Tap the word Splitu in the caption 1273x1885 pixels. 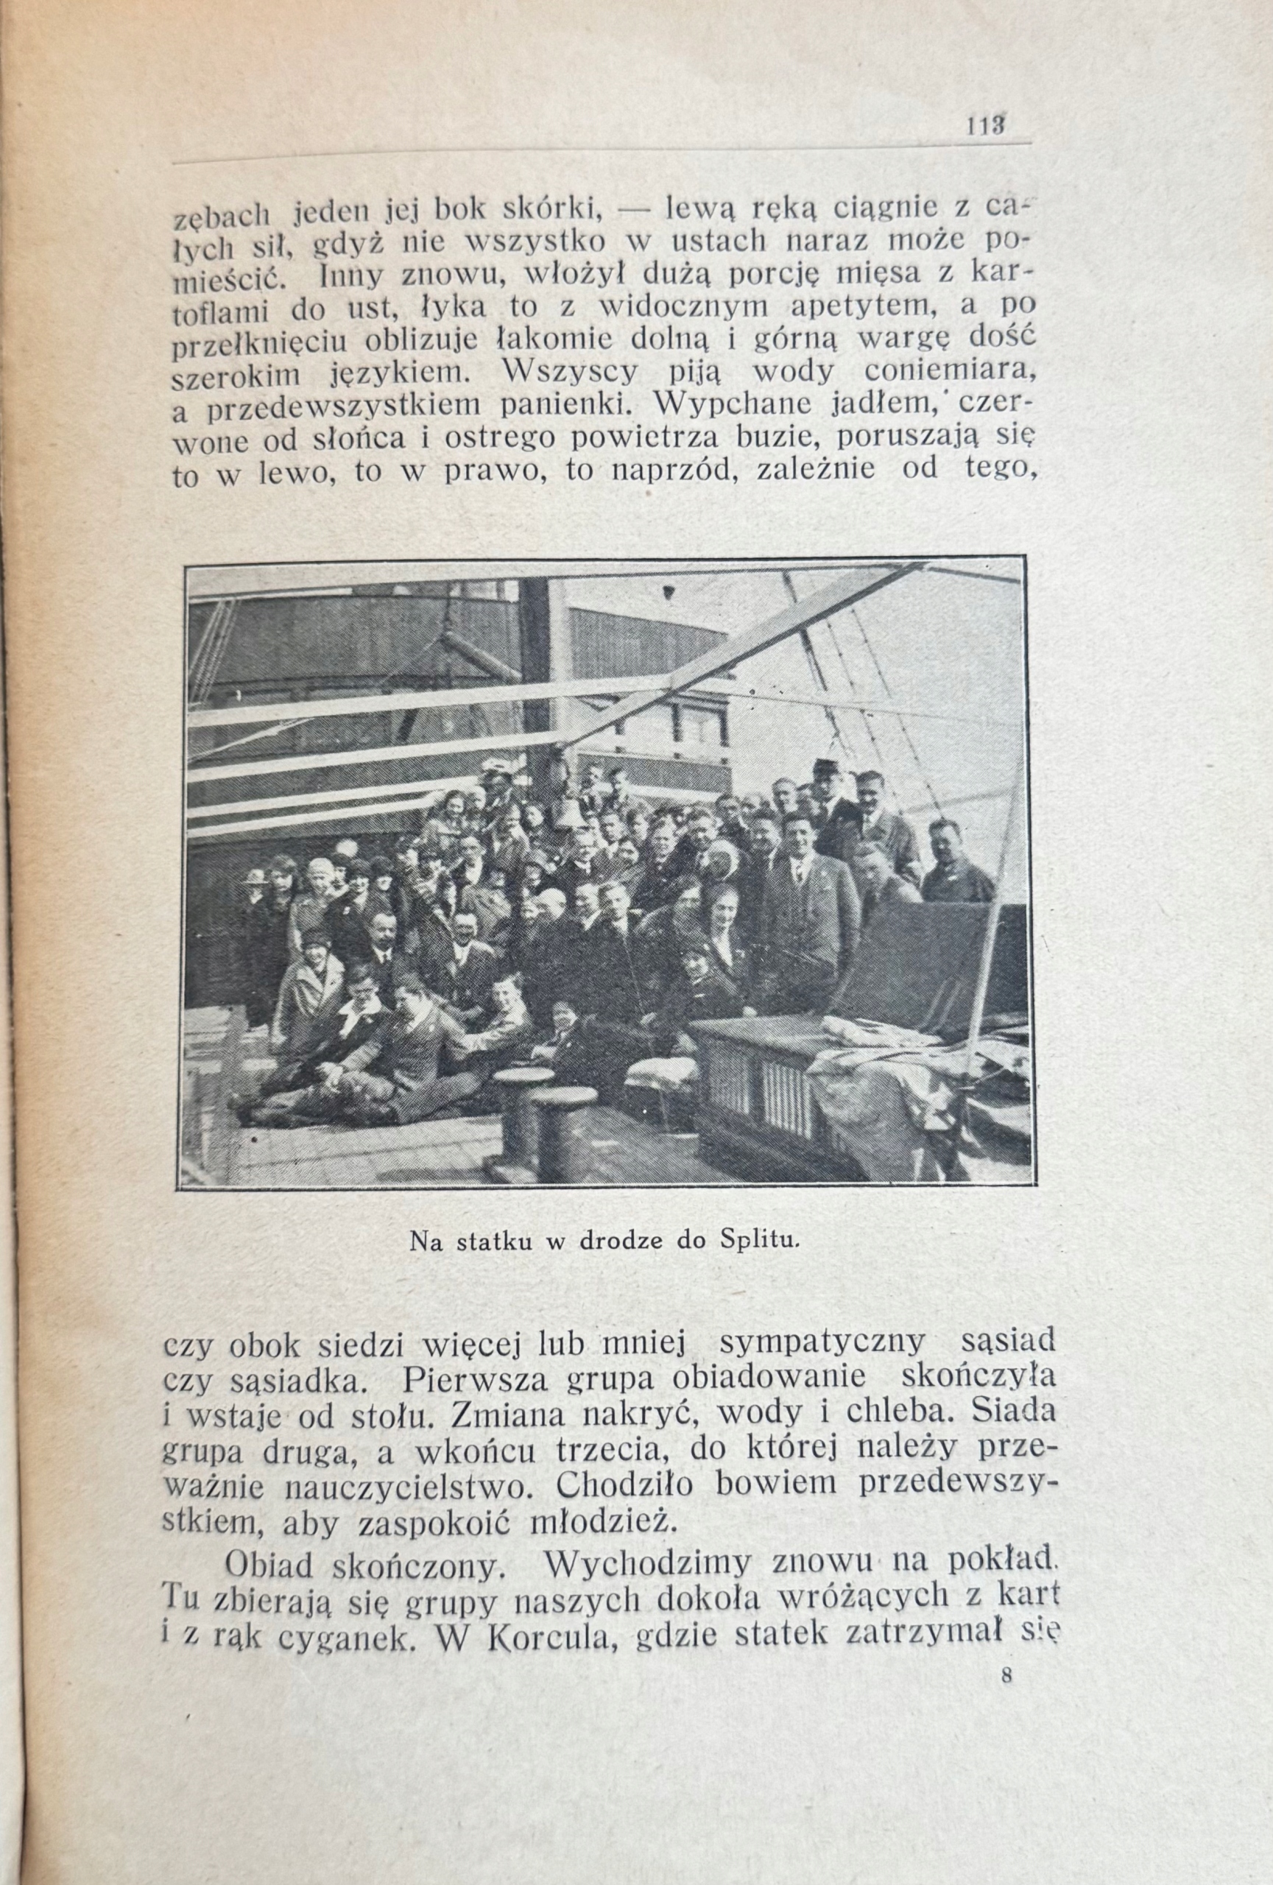pyautogui.click(x=754, y=1264)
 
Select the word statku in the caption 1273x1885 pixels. pyautogui.click(x=493, y=1264)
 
